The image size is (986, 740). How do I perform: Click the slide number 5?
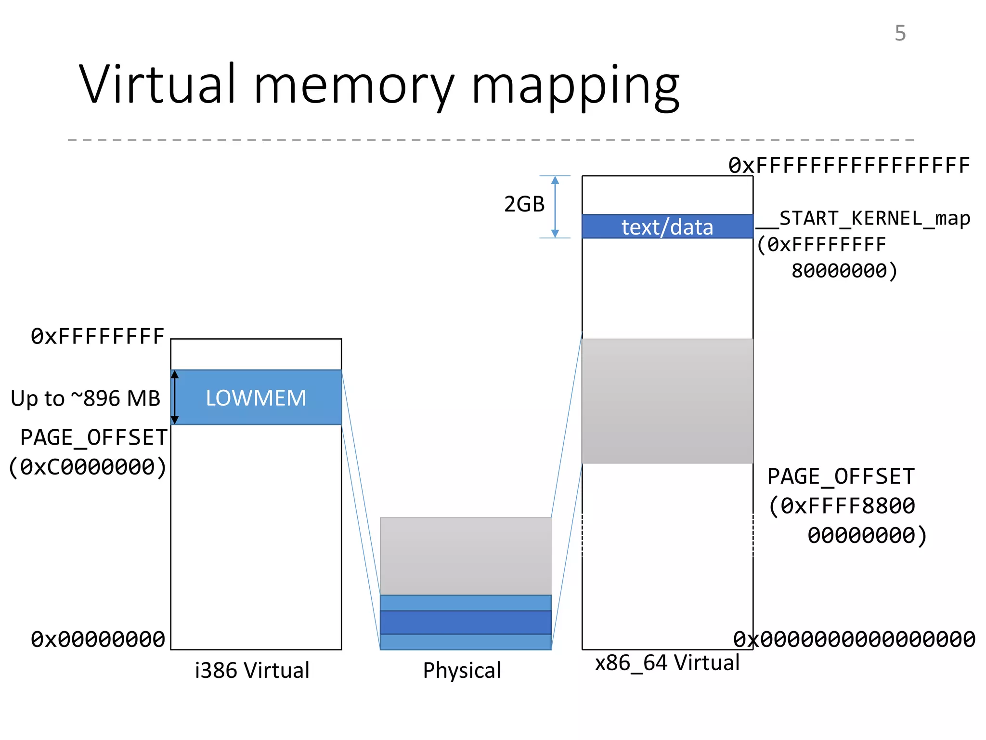900,33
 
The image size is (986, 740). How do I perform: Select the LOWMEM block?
256,397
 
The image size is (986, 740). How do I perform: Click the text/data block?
667,226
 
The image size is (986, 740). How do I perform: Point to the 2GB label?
524,204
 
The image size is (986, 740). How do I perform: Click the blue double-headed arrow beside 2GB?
555,207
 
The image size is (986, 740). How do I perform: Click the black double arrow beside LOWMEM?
175,397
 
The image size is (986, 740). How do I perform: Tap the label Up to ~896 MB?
85,398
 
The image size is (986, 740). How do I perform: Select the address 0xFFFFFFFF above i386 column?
98,336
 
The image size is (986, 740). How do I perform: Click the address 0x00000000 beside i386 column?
98,639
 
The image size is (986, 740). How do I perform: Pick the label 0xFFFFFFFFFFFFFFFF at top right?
849,166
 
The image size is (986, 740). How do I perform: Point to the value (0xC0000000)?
88,467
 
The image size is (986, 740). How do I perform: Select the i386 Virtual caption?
252,670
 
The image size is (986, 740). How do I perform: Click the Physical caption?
462,670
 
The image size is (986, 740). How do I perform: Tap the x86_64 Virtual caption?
667,662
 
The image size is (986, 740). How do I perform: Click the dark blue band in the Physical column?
465,622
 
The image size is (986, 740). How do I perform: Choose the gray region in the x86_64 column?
667,401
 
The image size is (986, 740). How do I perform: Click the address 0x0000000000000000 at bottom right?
854,639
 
